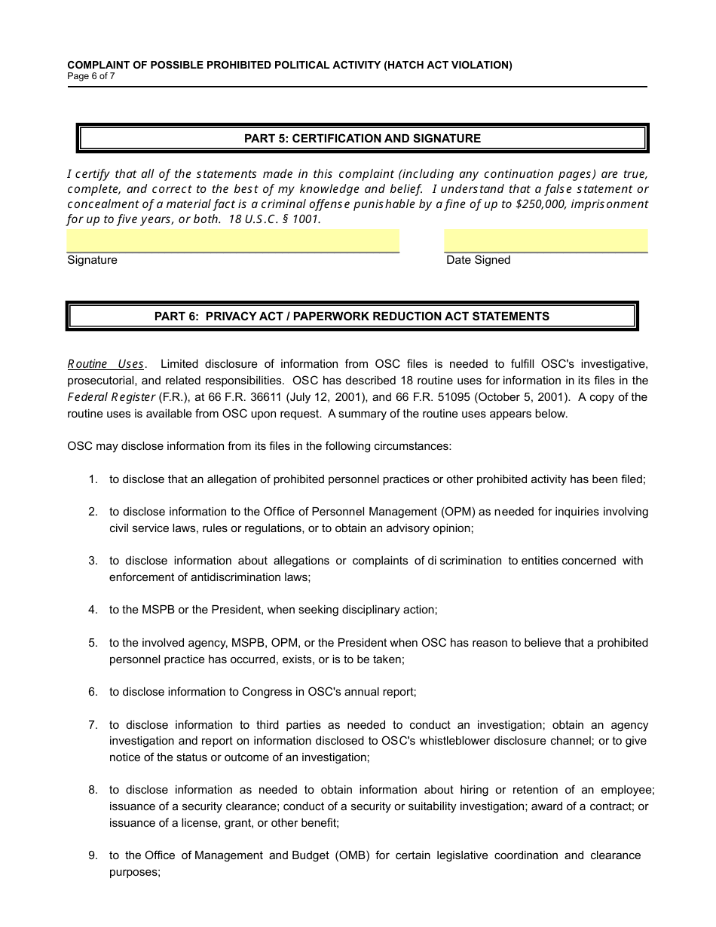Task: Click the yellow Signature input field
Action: point(233,240)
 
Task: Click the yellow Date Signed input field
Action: point(546,240)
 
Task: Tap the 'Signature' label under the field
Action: point(92,260)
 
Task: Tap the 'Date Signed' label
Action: point(478,260)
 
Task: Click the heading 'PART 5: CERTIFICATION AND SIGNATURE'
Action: point(362,139)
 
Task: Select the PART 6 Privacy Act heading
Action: point(351,317)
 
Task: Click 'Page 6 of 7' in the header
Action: point(91,76)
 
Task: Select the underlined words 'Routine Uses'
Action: point(106,364)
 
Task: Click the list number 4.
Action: point(93,610)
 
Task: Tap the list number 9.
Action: point(93,855)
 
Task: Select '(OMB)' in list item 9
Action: point(352,855)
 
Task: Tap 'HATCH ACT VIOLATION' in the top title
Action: point(447,65)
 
